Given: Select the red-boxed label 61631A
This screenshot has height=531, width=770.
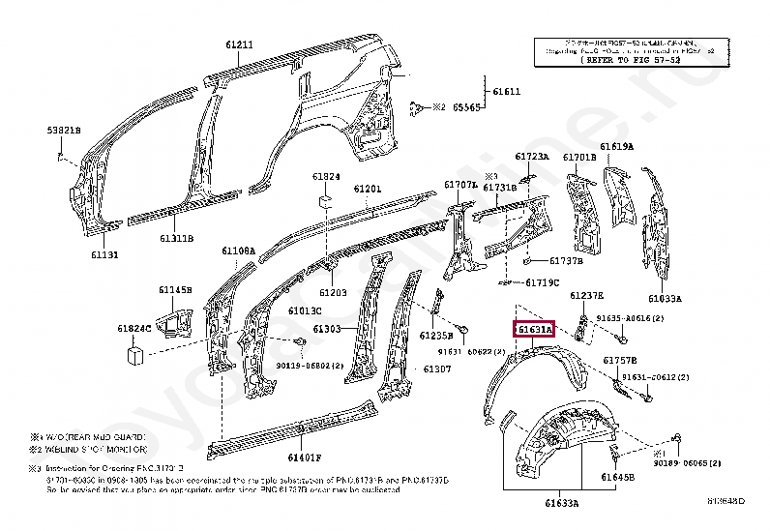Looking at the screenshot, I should coord(533,330).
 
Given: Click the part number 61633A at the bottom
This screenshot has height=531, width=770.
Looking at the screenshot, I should coord(561,503).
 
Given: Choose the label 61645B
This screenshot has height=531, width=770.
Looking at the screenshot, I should coord(616,477).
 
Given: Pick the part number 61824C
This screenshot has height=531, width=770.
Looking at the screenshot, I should coord(135,330).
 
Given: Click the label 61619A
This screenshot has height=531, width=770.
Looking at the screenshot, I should coord(616,147).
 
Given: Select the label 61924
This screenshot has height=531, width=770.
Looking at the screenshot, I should coord(326,177).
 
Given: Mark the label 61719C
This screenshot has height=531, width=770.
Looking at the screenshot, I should coord(543,282).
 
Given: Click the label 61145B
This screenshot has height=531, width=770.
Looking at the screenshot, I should coord(176,290).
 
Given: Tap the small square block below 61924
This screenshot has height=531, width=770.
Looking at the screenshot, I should coord(326,201).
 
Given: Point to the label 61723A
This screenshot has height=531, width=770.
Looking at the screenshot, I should coord(531,157).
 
